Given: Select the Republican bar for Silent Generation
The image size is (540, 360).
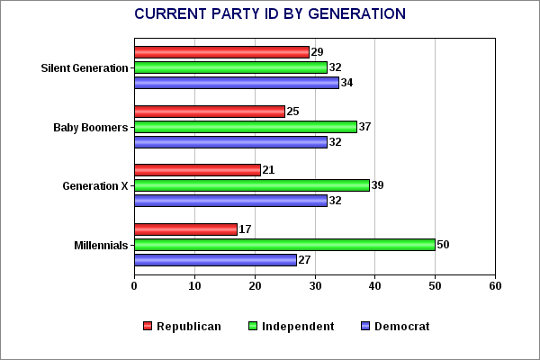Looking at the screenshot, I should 221,52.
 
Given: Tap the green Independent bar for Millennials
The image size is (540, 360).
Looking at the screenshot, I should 284,245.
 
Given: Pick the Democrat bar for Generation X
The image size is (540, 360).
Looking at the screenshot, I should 230,201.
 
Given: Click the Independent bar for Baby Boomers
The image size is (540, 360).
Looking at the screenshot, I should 245,127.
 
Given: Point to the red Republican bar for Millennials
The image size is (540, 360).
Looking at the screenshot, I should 185,229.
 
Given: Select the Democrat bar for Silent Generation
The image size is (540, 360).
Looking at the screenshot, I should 236,83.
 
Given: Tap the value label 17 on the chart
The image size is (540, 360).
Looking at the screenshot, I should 246,229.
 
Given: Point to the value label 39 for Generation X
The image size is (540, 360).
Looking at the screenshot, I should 378,185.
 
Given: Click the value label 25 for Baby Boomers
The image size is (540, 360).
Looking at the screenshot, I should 294,112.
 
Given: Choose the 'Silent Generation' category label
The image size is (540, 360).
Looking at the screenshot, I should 85,68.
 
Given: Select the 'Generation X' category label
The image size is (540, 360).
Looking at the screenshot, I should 94,186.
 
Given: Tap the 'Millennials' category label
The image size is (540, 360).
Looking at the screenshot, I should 100,245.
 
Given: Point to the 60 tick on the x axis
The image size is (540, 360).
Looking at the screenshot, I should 495,286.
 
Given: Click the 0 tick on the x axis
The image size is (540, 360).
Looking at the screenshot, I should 134,286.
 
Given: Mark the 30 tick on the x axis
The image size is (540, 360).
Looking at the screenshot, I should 315,286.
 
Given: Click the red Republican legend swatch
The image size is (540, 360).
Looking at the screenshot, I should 148,326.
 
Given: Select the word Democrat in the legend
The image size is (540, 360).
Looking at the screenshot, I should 401,326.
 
